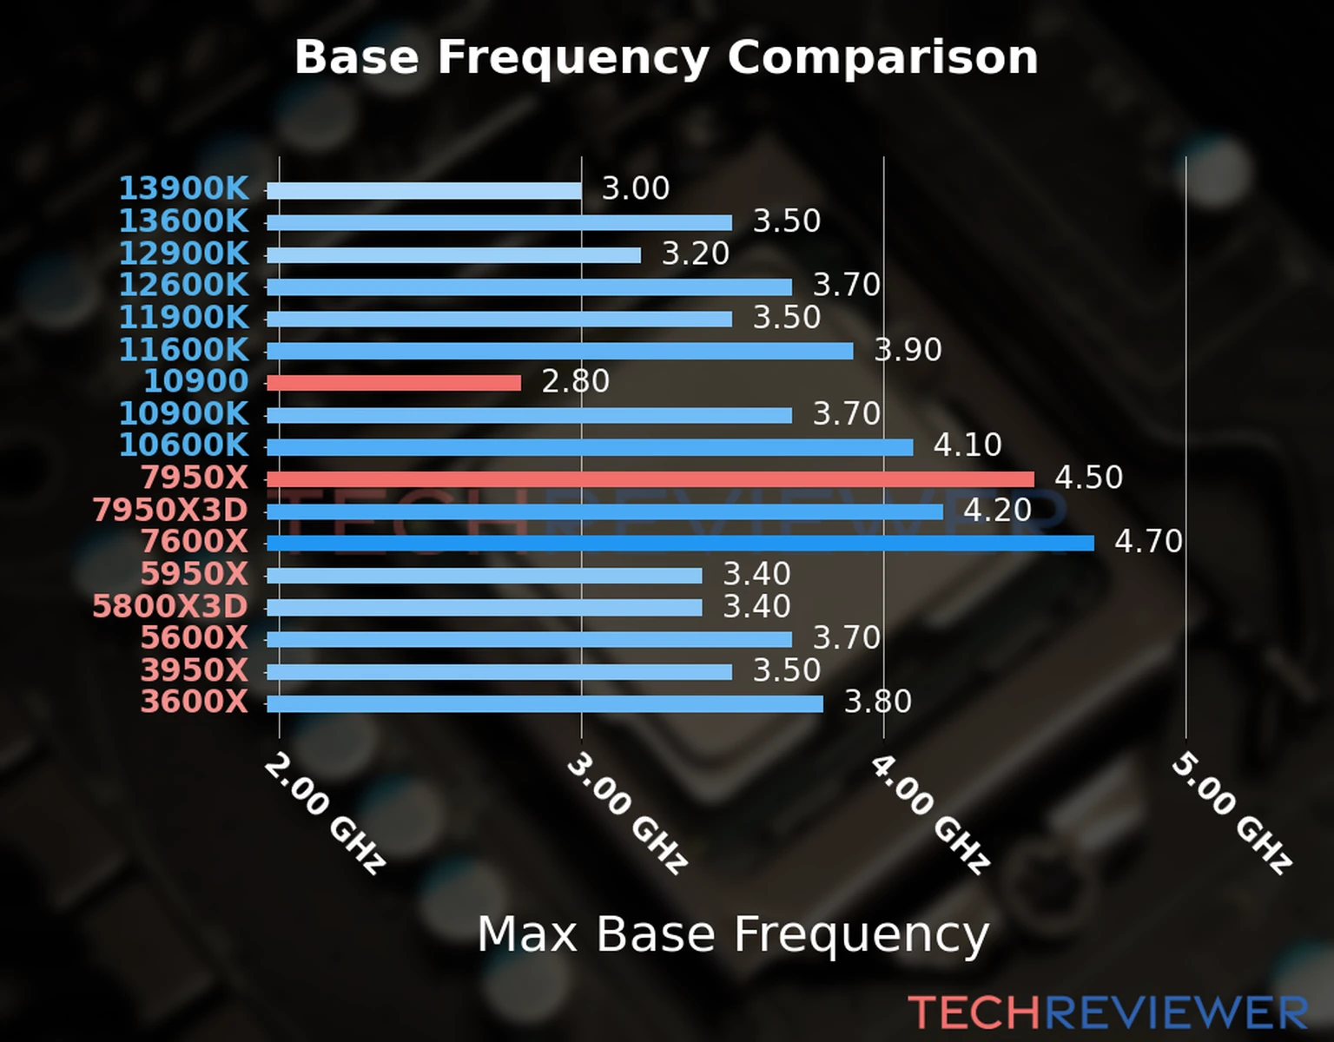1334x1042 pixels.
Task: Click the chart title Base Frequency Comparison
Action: (666, 57)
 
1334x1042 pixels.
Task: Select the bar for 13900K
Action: (424, 191)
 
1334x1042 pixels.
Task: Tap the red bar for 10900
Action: (393, 383)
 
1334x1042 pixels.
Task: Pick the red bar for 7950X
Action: (650, 479)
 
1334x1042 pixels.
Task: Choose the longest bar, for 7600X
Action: (680, 544)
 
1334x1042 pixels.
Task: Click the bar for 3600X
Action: (545, 703)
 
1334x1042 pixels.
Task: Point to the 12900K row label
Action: (183, 254)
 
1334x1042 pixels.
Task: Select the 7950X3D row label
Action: (170, 511)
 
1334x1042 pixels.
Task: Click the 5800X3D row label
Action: (170, 606)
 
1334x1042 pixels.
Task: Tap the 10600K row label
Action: (183, 445)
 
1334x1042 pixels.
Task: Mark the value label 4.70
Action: (1148, 542)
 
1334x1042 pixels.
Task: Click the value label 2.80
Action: (575, 381)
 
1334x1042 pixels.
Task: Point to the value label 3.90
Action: (908, 350)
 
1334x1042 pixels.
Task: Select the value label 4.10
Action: (967, 445)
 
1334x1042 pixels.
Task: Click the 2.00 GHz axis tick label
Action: (324, 813)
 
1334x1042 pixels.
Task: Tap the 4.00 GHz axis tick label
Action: (929, 813)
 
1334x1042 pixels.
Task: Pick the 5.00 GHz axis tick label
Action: (1232, 813)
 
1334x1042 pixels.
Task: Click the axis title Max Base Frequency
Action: (733, 935)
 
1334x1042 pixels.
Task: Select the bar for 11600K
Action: (559, 351)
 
